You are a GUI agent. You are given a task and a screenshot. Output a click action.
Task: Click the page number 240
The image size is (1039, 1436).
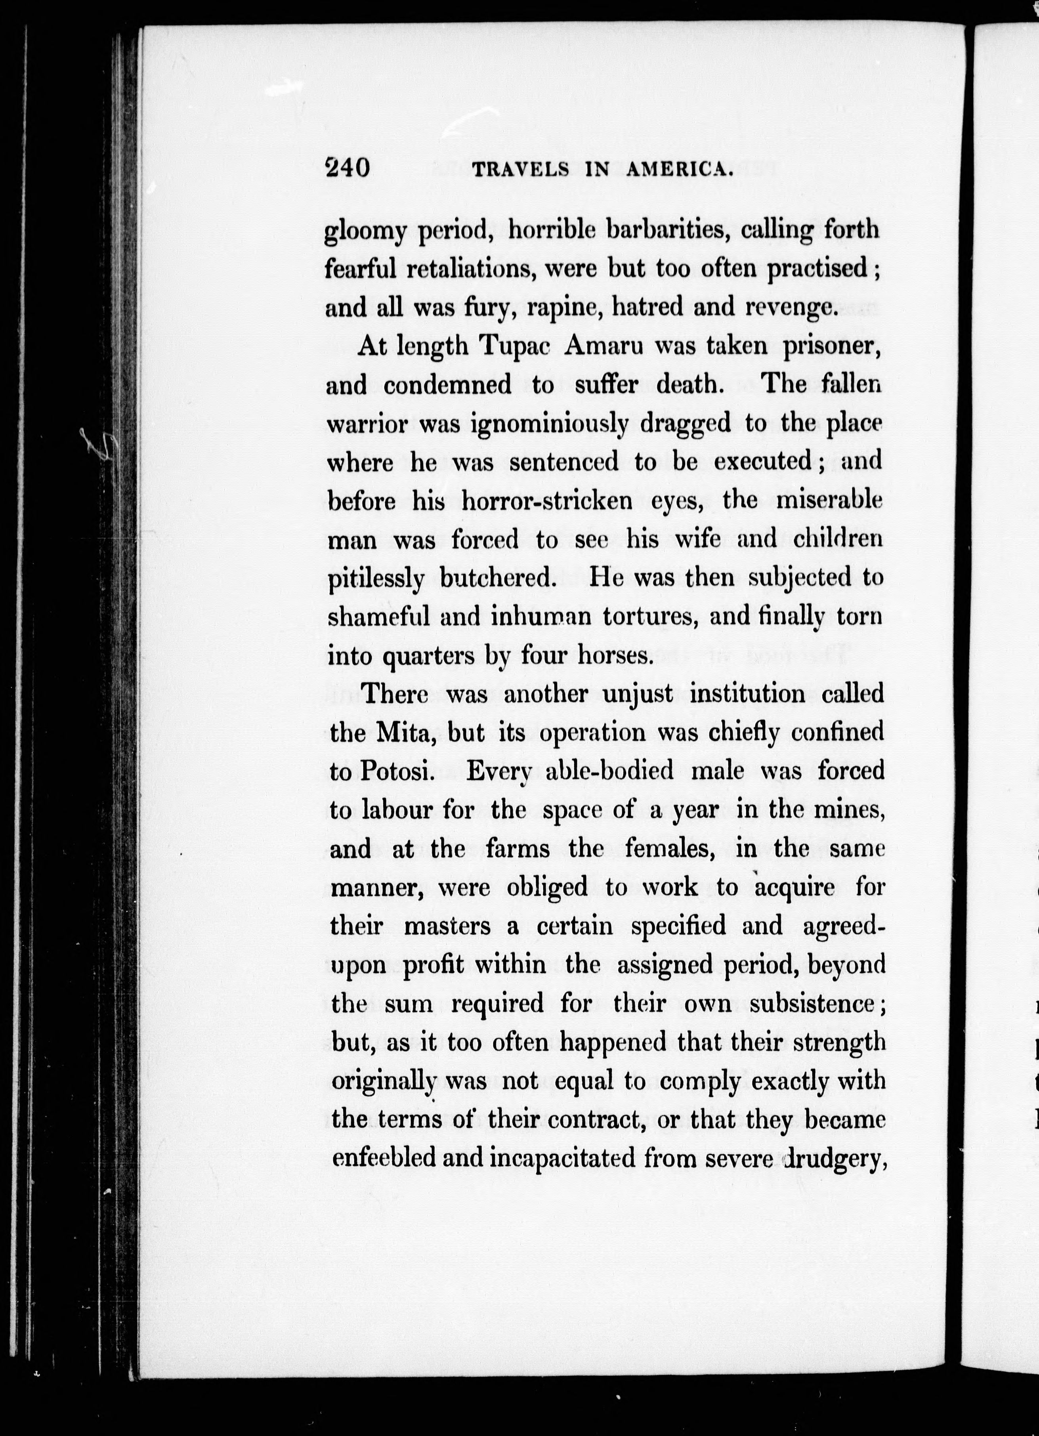pyautogui.click(x=347, y=168)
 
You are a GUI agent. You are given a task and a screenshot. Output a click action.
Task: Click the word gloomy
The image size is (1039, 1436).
pyautogui.click(x=365, y=232)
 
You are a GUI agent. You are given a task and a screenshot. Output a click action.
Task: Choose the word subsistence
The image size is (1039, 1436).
pyautogui.click(x=814, y=1004)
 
